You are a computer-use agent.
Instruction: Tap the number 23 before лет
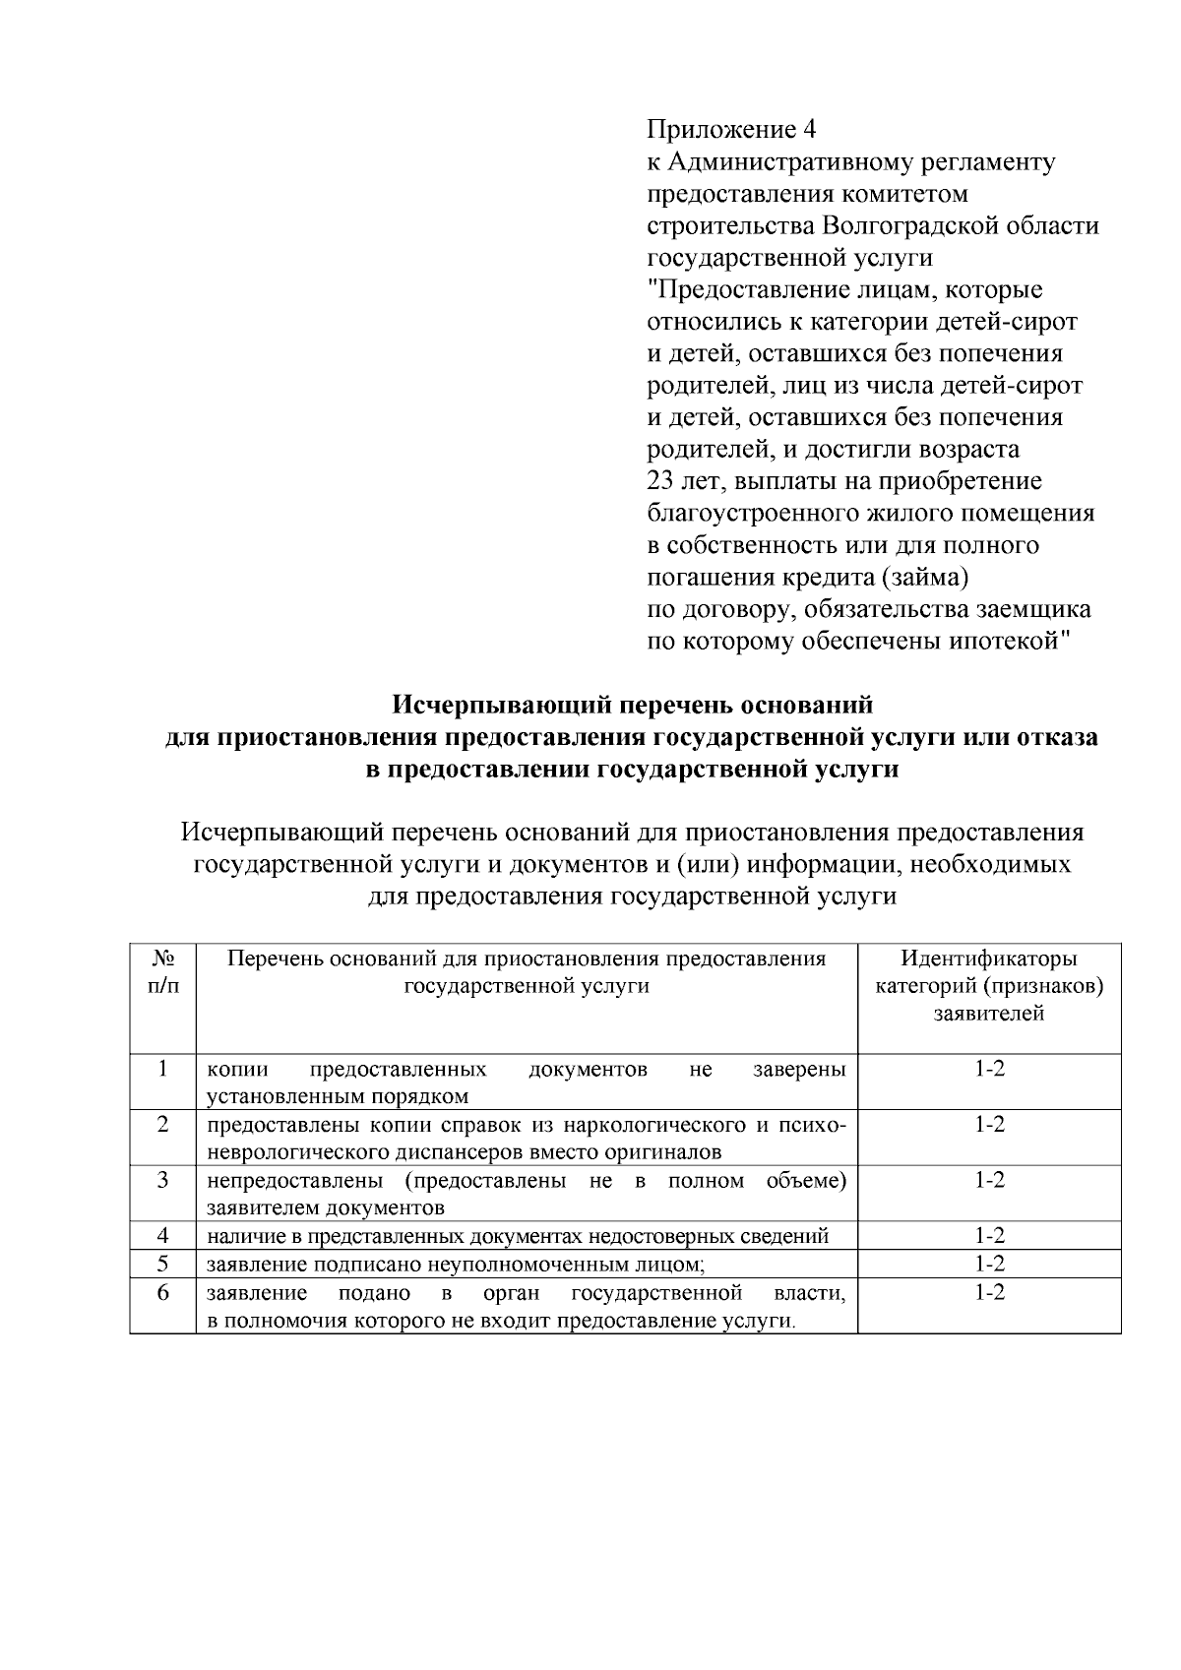pyautogui.click(x=659, y=482)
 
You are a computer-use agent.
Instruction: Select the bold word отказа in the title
pyautogui.click(x=1047, y=737)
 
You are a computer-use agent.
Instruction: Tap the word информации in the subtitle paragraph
pyautogui.click(x=823, y=865)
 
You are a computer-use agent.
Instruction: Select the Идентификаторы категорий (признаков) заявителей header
pyautogui.click(x=989, y=986)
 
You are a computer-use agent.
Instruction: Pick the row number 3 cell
pyautogui.click(x=163, y=1180)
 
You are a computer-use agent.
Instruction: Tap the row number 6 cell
pyautogui.click(x=163, y=1292)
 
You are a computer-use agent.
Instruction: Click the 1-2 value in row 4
pyautogui.click(x=989, y=1236)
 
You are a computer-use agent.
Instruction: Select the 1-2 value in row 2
pyautogui.click(x=989, y=1125)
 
